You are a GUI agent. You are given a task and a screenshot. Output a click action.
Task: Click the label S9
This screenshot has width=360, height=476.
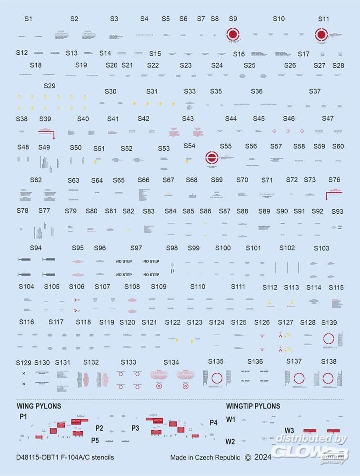(x=233, y=19)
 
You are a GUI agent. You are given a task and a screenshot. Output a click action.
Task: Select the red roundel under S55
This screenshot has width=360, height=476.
(x=211, y=158)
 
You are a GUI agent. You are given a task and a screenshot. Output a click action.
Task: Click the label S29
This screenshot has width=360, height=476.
(x=50, y=86)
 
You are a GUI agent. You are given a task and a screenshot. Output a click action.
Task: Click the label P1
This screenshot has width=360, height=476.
(x=24, y=416)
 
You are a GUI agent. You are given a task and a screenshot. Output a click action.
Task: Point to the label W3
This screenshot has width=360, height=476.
(x=289, y=430)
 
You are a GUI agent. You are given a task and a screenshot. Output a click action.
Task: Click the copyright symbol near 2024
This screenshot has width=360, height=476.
(x=248, y=458)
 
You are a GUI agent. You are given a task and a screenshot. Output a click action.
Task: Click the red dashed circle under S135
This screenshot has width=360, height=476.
(x=217, y=378)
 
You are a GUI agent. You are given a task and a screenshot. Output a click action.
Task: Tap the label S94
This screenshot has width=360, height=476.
(x=36, y=248)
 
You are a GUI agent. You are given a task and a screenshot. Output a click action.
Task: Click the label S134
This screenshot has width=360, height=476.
(x=171, y=363)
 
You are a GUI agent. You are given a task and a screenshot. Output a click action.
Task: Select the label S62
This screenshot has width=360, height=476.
(x=36, y=180)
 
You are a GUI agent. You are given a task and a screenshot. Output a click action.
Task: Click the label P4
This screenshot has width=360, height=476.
(x=213, y=422)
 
